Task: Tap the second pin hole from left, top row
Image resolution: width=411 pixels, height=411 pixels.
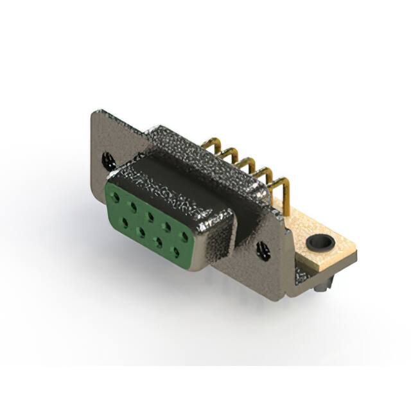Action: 133,202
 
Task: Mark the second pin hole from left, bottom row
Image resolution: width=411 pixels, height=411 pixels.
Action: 141,231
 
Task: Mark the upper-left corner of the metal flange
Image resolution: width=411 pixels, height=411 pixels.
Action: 95,114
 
